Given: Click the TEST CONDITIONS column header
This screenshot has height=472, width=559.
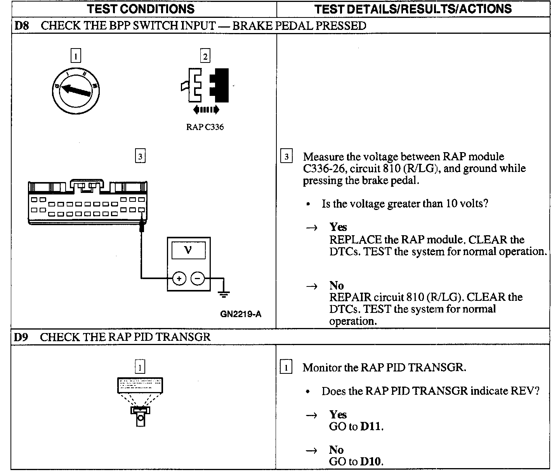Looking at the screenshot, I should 141,9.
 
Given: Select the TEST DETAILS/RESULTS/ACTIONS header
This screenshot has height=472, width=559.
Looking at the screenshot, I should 413,9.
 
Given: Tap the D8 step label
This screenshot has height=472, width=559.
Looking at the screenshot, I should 21,26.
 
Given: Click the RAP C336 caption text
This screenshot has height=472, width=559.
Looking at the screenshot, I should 205,127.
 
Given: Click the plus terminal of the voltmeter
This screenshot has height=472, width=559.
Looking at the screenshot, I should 179,278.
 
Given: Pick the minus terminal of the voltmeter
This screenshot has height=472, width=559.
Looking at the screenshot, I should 198,278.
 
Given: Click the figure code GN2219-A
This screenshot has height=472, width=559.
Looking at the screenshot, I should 241,314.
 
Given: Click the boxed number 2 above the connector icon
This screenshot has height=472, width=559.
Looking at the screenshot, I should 205,56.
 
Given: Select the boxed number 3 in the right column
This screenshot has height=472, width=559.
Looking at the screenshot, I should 286,157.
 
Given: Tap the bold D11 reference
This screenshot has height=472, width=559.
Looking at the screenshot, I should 372,427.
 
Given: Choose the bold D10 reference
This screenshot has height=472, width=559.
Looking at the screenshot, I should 372,462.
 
